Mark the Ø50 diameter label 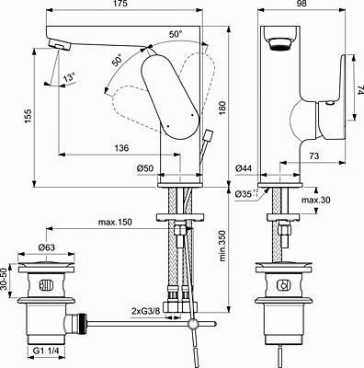coord(144,169)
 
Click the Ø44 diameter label coord(244,169)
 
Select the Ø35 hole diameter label coord(244,194)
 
